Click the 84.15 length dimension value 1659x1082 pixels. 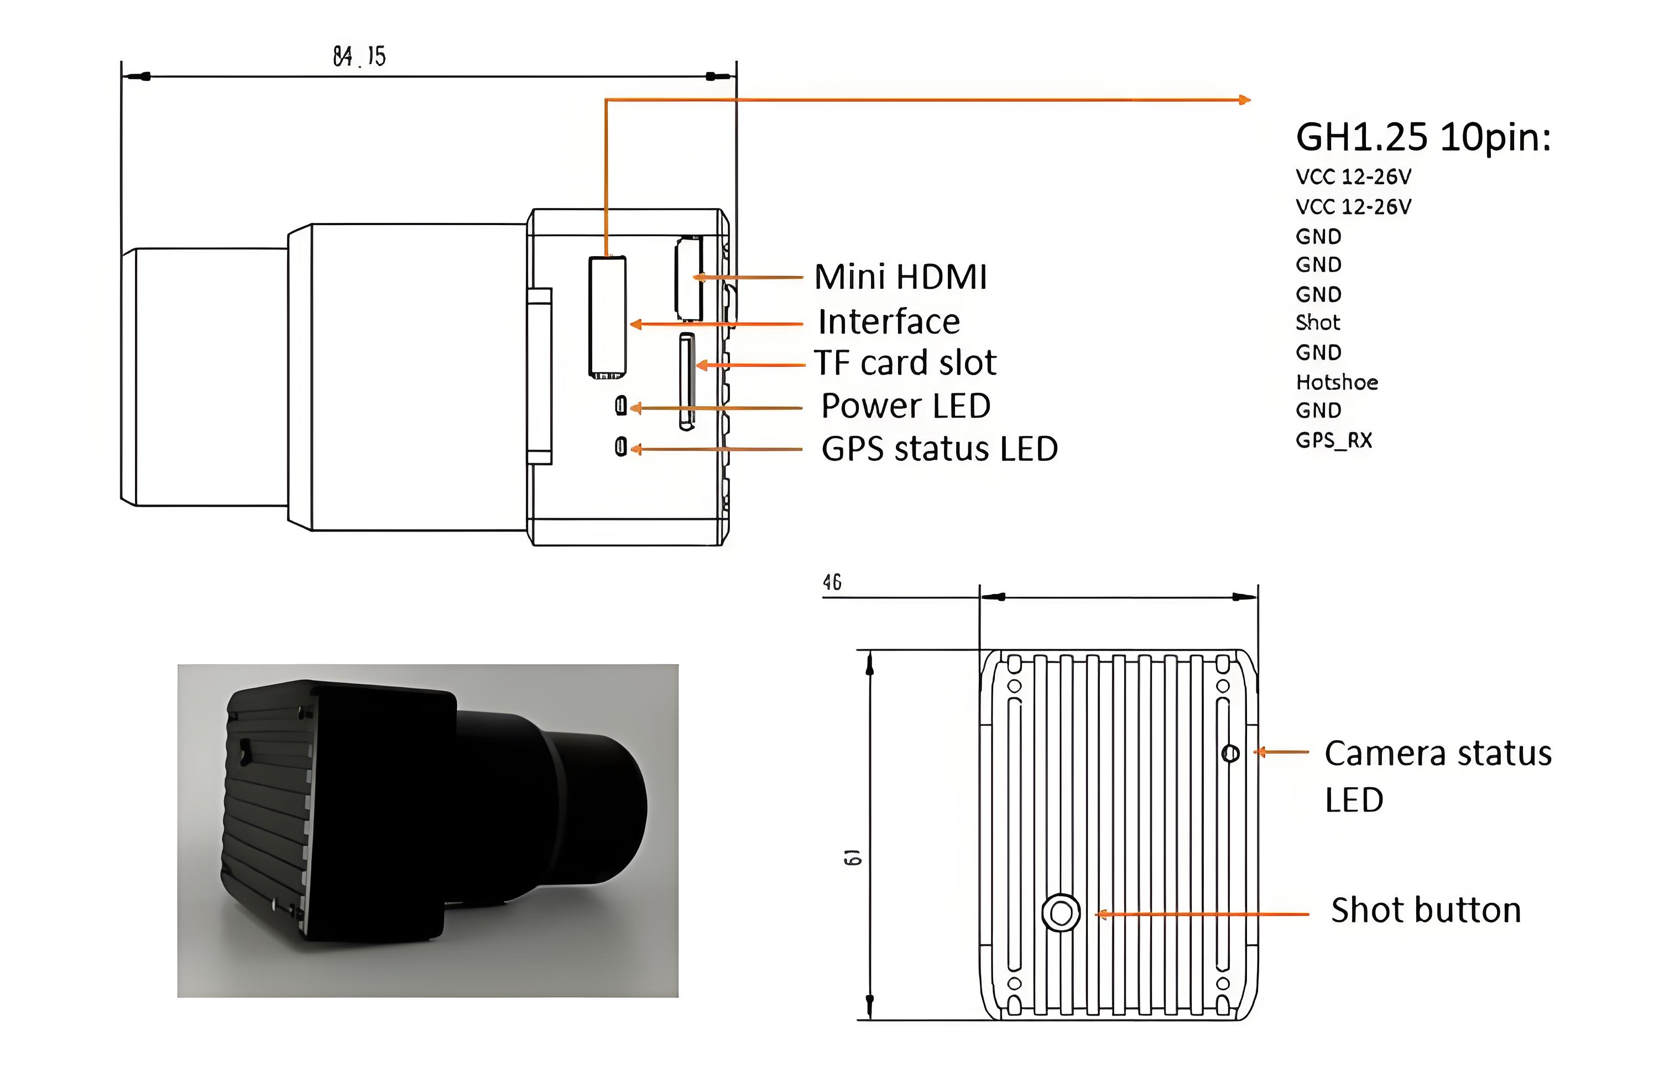[359, 56]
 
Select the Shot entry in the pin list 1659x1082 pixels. [1317, 323]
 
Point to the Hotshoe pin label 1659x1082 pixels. [1336, 382]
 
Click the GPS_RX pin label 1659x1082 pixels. [1333, 440]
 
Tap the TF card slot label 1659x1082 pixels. [905, 362]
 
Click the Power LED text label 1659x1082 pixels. [905, 406]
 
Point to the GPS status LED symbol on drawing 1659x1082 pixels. [620, 446]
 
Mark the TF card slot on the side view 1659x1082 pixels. [687, 381]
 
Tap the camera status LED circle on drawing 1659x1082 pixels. [1230, 753]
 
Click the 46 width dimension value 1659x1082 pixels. [832, 582]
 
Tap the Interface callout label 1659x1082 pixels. [889, 321]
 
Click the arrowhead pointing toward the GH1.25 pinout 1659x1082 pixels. [1245, 100]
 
